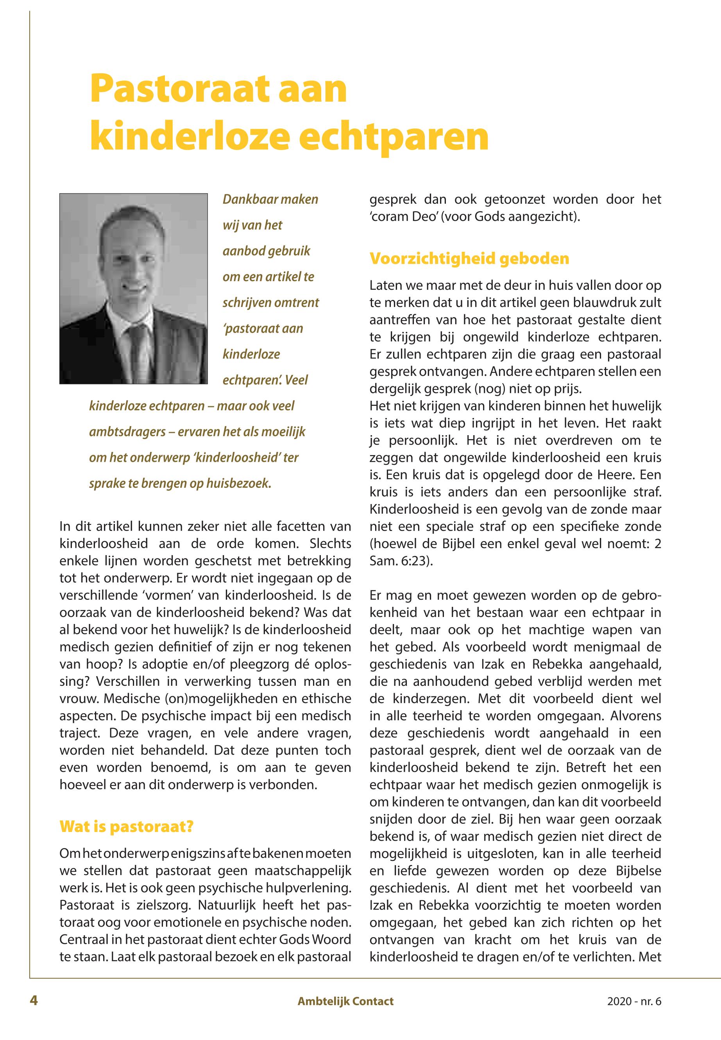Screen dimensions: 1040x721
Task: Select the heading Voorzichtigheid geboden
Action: click(x=469, y=259)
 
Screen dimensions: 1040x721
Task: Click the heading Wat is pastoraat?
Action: click(x=127, y=827)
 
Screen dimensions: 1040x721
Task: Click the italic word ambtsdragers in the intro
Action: click(x=127, y=432)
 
